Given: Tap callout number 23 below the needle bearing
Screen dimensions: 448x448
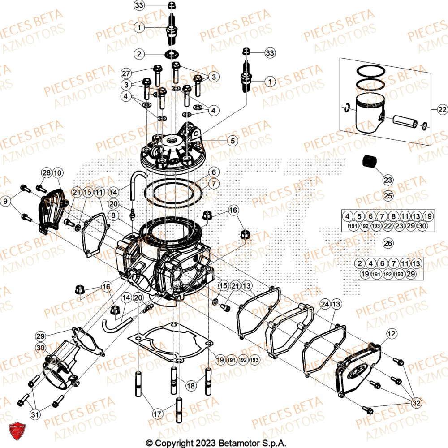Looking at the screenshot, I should point(388,180).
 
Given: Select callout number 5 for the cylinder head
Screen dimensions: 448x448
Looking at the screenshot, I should point(232,141).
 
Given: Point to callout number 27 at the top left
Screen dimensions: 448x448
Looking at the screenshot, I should point(126,73).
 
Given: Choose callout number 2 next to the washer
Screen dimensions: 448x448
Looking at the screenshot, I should point(139,54).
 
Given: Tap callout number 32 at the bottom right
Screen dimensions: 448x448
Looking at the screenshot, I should point(417,403).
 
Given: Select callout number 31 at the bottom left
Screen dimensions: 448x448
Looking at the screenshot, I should point(34,415).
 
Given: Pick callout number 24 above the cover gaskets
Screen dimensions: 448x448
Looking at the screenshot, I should point(324,304).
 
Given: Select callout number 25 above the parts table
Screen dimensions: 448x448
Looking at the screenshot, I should point(388,195).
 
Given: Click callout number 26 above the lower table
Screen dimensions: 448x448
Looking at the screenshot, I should point(388,243).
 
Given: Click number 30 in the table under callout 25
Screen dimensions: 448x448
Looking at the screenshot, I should point(421,226).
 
